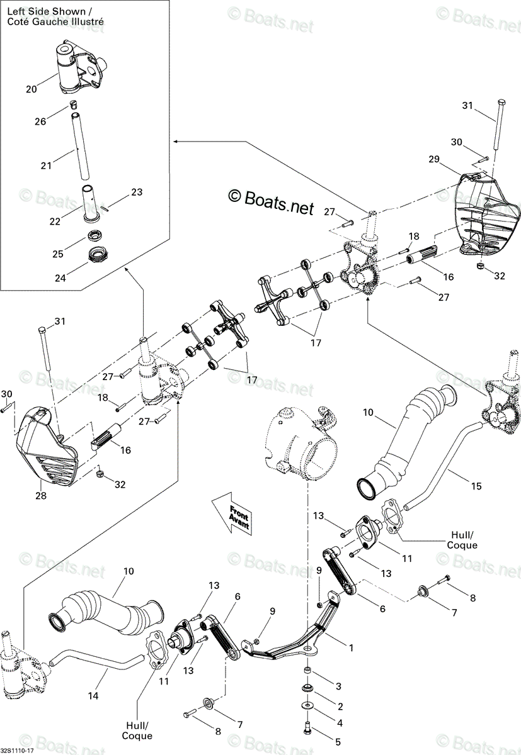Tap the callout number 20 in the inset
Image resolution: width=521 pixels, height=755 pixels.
click(31, 89)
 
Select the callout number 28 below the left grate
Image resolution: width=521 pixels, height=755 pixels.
click(41, 496)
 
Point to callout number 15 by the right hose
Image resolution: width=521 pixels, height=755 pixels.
click(476, 486)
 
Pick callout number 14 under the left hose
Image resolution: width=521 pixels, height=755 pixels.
click(93, 695)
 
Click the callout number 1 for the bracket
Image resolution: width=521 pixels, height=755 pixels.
click(352, 647)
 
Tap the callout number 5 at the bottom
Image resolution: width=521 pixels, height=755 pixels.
click(338, 742)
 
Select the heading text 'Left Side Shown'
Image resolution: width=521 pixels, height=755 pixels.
click(47, 11)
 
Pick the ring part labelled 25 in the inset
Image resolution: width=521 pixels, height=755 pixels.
click(95, 235)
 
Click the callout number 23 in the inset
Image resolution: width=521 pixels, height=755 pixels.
click(137, 192)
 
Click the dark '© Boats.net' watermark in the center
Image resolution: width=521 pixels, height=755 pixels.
click(271, 202)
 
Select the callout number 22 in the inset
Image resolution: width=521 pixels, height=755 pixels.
click(55, 221)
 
